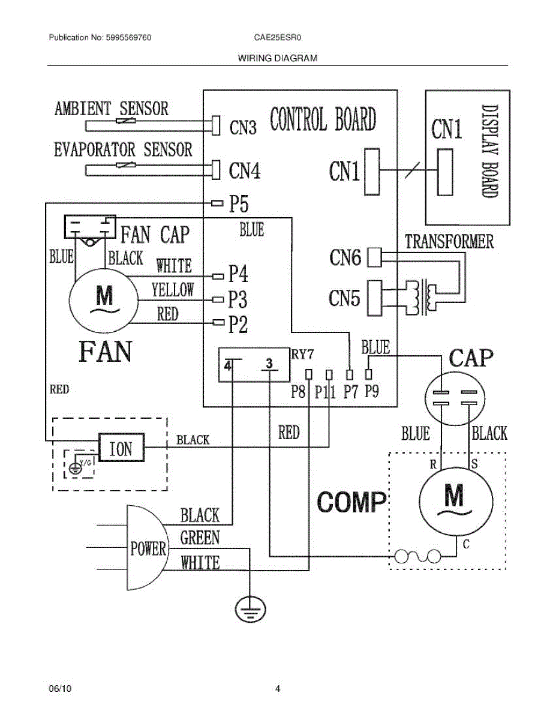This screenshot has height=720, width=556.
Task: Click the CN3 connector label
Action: [243, 128]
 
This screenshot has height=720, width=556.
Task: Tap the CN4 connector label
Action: [244, 170]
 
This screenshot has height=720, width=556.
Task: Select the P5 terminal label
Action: [239, 203]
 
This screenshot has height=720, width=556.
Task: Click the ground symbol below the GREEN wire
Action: [250, 608]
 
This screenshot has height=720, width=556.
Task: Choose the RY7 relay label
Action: [302, 355]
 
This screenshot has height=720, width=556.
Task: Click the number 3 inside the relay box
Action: [269, 363]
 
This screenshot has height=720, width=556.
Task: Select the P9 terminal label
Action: [371, 391]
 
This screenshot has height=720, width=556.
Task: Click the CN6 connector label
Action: [345, 257]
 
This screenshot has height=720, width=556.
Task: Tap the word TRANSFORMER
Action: [449, 241]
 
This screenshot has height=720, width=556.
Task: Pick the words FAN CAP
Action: [155, 235]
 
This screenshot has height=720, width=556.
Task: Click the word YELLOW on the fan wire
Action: [173, 290]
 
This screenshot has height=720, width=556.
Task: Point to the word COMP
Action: [351, 502]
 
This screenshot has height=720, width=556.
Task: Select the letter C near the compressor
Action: [466, 544]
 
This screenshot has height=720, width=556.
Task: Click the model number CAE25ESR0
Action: [278, 37]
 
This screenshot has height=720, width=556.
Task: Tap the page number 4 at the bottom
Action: [278, 689]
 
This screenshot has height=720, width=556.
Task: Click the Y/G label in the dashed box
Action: [86, 463]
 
